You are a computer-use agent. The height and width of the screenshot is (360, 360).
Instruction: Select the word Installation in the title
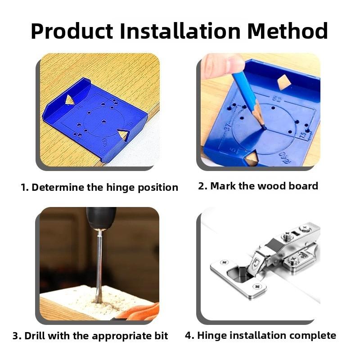[x=185, y=31]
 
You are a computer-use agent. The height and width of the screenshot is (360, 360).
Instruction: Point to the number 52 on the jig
[x=276, y=98]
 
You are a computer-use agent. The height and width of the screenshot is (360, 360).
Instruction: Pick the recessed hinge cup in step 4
[x=242, y=274]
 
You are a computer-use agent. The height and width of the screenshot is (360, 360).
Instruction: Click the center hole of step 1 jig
[x=104, y=121]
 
